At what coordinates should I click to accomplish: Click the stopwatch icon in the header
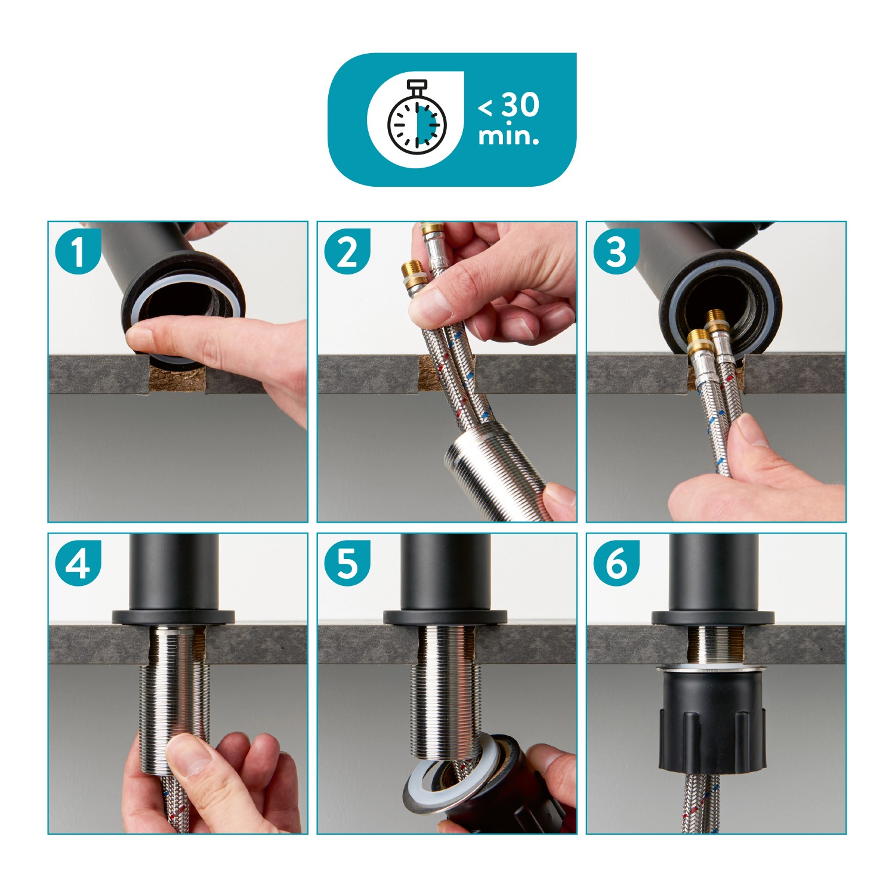(x=416, y=117)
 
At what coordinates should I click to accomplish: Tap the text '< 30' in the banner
(x=509, y=105)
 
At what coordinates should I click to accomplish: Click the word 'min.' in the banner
(x=508, y=136)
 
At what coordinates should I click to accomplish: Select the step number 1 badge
(x=78, y=251)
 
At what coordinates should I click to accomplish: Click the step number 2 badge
(x=347, y=251)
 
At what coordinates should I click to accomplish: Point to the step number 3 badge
(x=616, y=251)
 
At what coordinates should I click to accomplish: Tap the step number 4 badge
(x=78, y=563)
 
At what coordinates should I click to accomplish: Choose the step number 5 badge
(x=347, y=563)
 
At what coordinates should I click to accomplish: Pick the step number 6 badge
(x=616, y=563)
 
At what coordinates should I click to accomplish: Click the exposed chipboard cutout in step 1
(x=176, y=379)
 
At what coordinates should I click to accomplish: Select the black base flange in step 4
(x=173, y=617)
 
